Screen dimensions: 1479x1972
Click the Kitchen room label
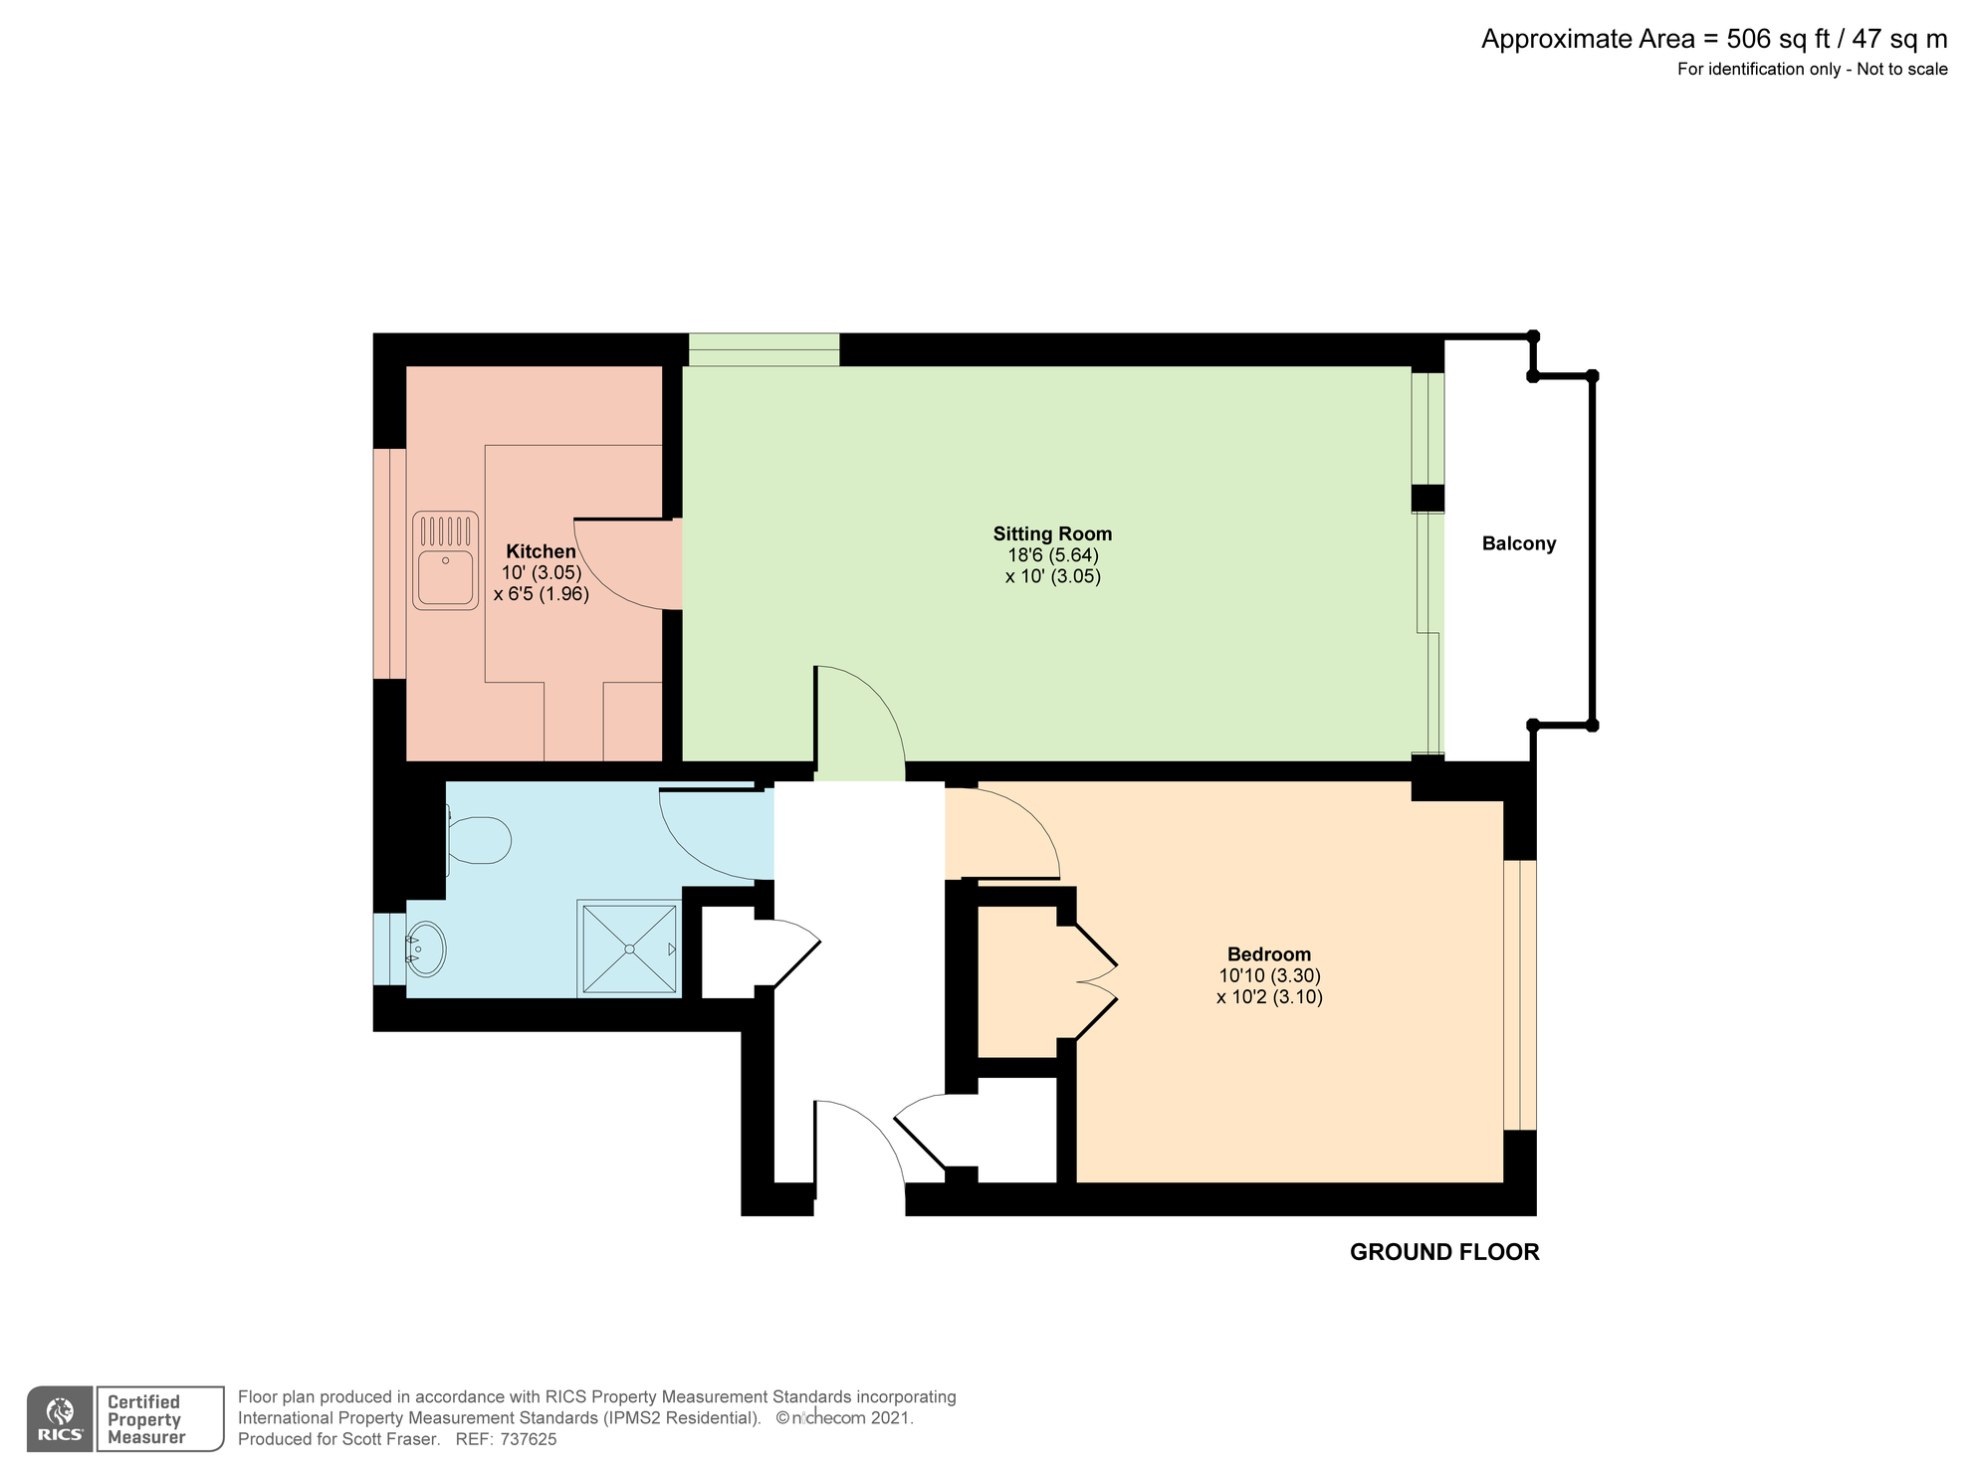[x=541, y=551]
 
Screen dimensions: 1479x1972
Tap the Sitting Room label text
[x=1052, y=533]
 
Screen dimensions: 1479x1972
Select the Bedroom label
[x=1268, y=953]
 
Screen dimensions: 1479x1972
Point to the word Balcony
[x=1518, y=543]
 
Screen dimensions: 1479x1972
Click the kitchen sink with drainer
[x=445, y=560]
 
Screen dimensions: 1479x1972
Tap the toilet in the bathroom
[x=479, y=840]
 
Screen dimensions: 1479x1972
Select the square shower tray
[x=629, y=948]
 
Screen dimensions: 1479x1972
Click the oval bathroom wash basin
[x=426, y=949]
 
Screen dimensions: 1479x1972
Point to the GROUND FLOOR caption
[x=1443, y=1252]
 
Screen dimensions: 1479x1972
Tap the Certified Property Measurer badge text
[x=146, y=1419]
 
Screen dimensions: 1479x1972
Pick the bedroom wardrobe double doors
[x=1095, y=980]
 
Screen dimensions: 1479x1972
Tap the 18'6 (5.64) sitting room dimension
[x=1052, y=555]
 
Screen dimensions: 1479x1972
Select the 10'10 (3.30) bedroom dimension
[x=1268, y=975]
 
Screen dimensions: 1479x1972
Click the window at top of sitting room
[x=764, y=349]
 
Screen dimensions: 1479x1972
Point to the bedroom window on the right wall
[x=1519, y=994]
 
